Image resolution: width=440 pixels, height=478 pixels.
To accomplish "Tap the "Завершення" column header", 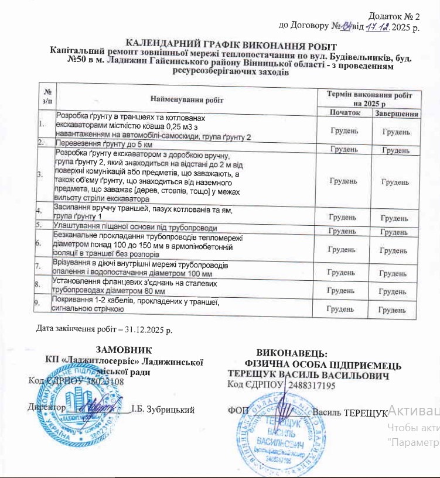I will click(x=396, y=113).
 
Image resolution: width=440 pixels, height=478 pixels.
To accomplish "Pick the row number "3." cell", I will click(x=40, y=174).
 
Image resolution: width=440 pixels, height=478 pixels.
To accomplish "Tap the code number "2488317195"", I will click(x=310, y=386).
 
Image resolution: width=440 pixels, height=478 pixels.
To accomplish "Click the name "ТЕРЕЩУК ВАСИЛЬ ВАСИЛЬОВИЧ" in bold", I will click(x=308, y=375).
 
